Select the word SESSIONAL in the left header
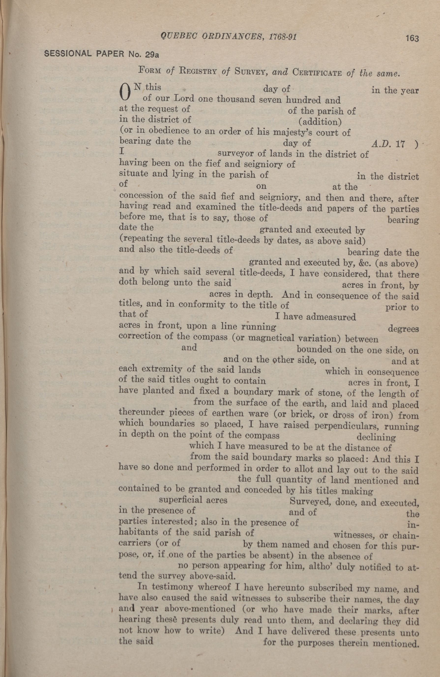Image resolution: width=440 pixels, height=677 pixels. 68,54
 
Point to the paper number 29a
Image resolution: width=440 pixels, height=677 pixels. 151,54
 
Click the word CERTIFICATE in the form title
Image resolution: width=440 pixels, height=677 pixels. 317,73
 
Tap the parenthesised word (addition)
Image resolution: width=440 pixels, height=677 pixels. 320,122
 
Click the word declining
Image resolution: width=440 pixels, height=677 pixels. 376,437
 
